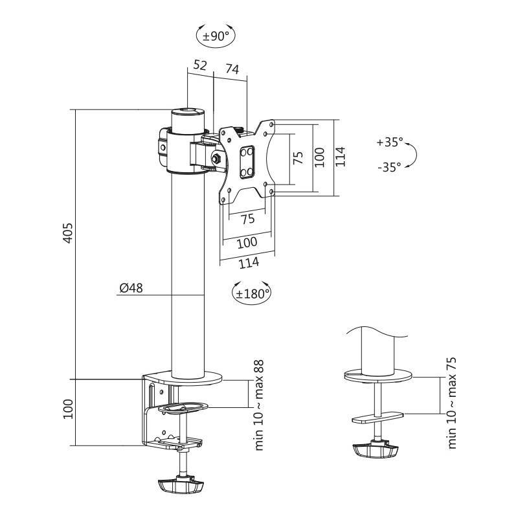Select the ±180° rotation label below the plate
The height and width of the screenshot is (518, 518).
[251, 293]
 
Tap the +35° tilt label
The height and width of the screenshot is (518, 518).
[389, 142]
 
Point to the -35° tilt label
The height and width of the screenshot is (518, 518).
[388, 166]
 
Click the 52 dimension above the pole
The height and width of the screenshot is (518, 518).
[200, 65]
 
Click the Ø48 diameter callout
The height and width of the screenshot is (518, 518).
[131, 289]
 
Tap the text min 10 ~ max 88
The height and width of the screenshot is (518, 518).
[259, 405]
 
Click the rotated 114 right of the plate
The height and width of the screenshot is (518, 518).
[341, 157]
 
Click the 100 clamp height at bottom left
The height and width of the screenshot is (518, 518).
[68, 409]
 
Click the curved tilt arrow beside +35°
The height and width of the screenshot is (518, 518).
[412, 155]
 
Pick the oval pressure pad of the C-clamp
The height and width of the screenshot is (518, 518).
[183, 408]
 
